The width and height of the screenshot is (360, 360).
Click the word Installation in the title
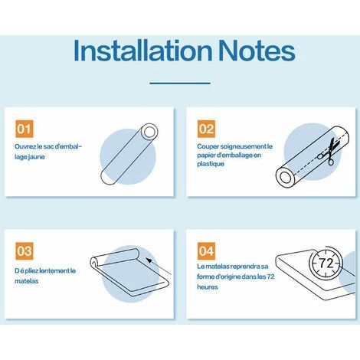pos(143,50)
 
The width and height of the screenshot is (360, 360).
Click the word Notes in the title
pos(257,51)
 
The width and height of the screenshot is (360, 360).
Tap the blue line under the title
pos(180,83)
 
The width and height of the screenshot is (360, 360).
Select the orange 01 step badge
pos(25,129)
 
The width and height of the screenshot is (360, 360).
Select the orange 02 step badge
pos(206,129)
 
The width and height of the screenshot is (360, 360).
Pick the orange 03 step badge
pos(25,251)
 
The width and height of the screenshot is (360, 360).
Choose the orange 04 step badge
pos(206,251)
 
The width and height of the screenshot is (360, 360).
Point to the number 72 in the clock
pos(326,263)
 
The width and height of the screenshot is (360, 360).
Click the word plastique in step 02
pos(211,164)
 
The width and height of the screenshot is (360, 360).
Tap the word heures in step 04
pos(208,287)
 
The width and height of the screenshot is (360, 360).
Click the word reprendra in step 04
pos(244,267)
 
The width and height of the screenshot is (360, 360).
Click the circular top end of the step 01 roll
pos(149,132)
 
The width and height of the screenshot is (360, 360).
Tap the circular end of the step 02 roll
pos(284,177)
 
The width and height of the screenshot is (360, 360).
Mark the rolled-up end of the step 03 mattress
pos(94,262)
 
